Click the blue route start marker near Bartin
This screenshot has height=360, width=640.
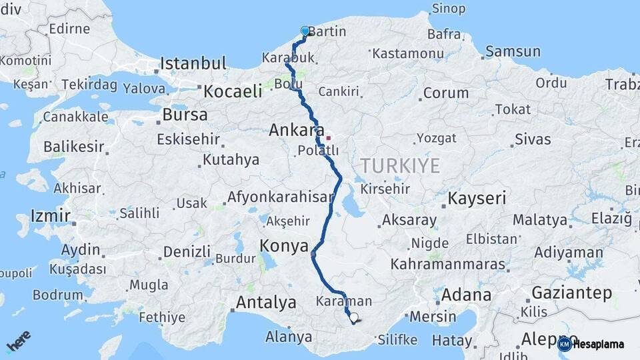(x=305, y=31)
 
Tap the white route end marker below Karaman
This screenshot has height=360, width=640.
(x=353, y=318)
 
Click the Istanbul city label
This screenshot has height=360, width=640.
(x=193, y=64)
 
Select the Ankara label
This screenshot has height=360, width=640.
(x=296, y=131)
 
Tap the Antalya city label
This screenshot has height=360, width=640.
(x=266, y=303)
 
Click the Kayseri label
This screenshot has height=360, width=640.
(x=477, y=198)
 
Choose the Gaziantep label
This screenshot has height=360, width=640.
(x=571, y=293)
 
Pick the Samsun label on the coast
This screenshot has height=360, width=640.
(x=513, y=51)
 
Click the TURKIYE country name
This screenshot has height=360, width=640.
(x=400, y=165)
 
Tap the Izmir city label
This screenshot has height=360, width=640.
(x=50, y=216)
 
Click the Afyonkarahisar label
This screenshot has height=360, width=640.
(x=280, y=197)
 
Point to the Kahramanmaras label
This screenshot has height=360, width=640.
(x=448, y=264)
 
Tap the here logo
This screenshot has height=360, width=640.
(x=19, y=341)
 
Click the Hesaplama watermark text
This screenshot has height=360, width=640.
(x=598, y=345)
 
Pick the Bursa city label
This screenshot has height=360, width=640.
(x=185, y=115)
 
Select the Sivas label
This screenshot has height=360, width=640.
(x=533, y=139)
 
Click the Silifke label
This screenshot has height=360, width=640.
(x=397, y=339)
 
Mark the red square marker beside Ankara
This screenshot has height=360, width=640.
(x=328, y=138)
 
